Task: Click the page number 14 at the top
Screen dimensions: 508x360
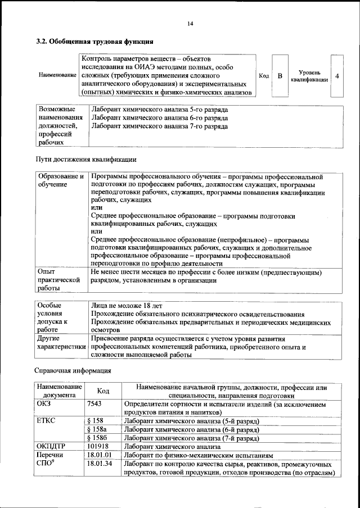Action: pos(190,23)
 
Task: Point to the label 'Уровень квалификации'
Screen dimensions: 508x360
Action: pos(309,76)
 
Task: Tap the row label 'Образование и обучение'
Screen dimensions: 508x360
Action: pos(61,180)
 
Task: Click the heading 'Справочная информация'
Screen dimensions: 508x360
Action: pos(73,371)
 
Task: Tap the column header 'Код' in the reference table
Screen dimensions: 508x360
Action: pos(103,391)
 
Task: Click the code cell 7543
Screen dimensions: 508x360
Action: pos(97,403)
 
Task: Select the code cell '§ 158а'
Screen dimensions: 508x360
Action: pos(97,429)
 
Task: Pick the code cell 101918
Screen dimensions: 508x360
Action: pos(99,446)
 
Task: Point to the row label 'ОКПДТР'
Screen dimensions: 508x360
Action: pos(52,446)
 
